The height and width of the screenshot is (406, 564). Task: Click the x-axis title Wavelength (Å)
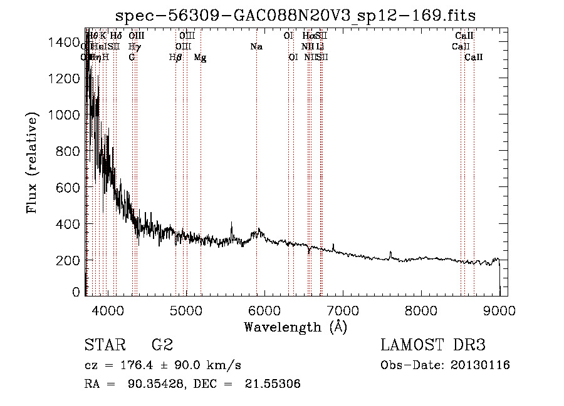tap(295, 327)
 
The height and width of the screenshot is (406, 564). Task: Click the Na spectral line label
tap(256, 47)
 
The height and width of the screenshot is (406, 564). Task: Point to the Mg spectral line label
tap(201, 58)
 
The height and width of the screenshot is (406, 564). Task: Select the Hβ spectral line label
tap(176, 58)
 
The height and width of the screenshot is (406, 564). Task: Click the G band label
tap(132, 58)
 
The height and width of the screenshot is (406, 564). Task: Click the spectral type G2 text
tap(162, 345)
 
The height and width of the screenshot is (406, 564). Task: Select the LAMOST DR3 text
tap(433, 345)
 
